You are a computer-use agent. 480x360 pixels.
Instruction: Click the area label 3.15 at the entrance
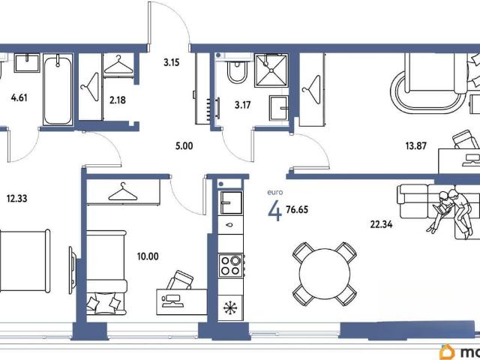[172, 62]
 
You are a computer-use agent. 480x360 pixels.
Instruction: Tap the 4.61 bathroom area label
[19, 98]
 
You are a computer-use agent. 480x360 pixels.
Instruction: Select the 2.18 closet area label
[118, 100]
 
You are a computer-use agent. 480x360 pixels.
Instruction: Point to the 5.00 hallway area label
[184, 146]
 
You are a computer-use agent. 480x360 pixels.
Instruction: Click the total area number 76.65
[297, 210]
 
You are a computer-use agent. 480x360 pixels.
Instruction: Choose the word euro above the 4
[275, 193]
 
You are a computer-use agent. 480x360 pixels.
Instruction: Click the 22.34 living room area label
[381, 224]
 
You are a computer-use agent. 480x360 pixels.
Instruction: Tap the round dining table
[325, 274]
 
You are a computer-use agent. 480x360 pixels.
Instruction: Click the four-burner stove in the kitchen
[231, 265]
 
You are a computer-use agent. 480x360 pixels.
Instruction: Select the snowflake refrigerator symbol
[230, 307]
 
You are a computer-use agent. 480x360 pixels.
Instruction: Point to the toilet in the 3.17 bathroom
[236, 70]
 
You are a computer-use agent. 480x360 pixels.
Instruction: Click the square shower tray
[271, 70]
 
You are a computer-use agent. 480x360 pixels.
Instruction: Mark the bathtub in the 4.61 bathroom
[58, 89]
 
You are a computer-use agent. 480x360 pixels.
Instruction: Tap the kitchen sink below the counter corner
[231, 202]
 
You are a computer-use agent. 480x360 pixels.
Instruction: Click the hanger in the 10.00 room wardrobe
[123, 192]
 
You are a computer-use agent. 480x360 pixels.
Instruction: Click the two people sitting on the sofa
[450, 213]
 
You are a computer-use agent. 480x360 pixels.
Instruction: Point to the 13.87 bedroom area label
[415, 145]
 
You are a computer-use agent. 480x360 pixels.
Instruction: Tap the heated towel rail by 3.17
[213, 108]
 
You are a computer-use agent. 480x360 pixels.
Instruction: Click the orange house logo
[447, 352]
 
